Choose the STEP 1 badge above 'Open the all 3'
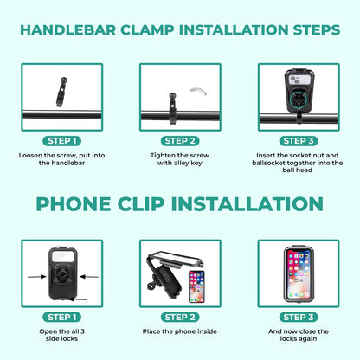pos(61,316)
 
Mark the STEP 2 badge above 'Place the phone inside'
pos(180,316)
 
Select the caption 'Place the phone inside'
pos(180,331)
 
